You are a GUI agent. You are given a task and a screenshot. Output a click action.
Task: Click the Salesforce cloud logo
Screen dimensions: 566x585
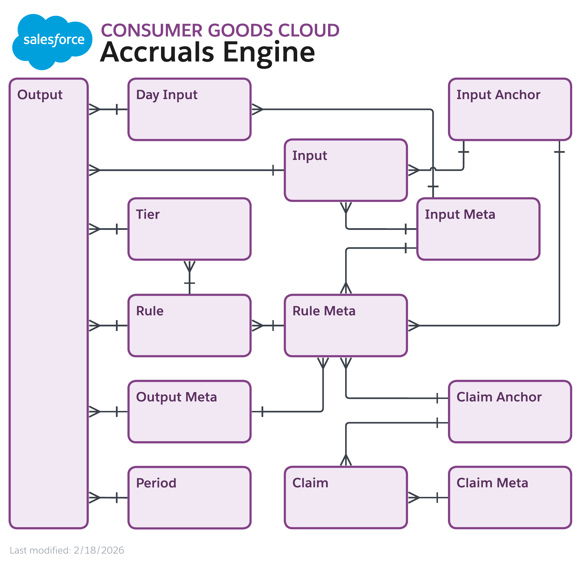click(x=52, y=42)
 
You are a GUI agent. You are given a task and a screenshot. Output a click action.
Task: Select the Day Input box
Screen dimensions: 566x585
click(x=189, y=109)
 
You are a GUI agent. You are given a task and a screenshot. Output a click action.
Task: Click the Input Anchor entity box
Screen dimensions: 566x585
click(x=510, y=109)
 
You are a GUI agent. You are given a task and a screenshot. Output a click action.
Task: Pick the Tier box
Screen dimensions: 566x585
click(x=189, y=229)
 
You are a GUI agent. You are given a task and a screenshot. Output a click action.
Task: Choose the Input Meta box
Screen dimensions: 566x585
click(x=478, y=229)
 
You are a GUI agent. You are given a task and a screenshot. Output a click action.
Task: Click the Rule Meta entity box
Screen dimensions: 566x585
click(x=346, y=326)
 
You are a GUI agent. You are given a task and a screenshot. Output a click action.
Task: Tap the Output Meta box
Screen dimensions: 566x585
click(x=189, y=412)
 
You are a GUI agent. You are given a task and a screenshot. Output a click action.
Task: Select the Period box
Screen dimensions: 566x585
click(x=189, y=498)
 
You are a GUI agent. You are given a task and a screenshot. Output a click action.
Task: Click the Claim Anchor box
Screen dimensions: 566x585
click(x=510, y=412)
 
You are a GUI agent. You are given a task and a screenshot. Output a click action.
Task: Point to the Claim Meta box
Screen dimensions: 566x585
click(x=510, y=498)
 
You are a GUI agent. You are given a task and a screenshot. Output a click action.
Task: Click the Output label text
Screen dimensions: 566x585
click(x=40, y=95)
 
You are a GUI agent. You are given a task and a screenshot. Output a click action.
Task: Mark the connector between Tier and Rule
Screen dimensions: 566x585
click(x=190, y=278)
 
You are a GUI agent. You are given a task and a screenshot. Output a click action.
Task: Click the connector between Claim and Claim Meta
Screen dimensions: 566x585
click(x=428, y=498)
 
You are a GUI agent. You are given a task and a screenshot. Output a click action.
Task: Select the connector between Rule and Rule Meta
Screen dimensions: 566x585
click(x=268, y=326)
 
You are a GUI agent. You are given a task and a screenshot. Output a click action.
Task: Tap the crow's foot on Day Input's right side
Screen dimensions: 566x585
click(x=257, y=109)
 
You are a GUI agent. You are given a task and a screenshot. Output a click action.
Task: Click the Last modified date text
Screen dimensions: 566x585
click(x=67, y=550)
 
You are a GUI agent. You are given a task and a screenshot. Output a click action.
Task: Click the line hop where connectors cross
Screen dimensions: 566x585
click(x=433, y=169)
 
